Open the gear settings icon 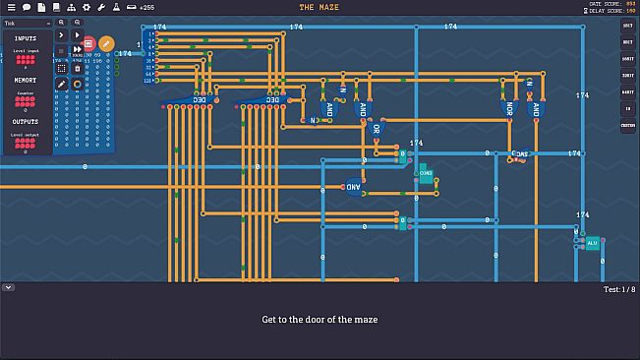point(87,7)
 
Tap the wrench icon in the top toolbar point(101,7)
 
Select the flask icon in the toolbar point(116,7)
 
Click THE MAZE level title point(320,7)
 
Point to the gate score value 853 point(630,4)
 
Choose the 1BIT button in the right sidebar point(627,26)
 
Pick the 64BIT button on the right point(627,92)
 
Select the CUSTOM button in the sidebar point(627,126)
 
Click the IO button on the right point(627,109)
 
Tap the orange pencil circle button point(106,43)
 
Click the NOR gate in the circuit point(507,108)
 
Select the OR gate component point(376,128)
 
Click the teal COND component point(426,175)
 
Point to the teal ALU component point(592,242)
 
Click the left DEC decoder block point(200,99)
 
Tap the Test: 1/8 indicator point(619,289)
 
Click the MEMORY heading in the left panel point(26,80)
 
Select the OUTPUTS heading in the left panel point(26,122)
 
